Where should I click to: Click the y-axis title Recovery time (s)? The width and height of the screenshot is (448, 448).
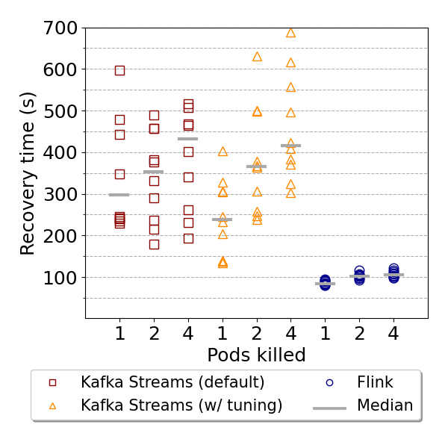28,173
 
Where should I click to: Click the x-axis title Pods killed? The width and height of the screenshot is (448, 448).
256,355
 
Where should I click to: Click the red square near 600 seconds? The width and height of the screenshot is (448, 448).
119,70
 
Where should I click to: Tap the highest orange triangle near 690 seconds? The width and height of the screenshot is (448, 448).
290,33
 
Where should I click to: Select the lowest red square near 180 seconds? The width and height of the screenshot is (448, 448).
154,244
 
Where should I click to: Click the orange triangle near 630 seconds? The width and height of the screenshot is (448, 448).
257,57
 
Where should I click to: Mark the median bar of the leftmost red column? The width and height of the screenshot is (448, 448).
119,195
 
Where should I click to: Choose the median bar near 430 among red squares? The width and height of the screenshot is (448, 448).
188,139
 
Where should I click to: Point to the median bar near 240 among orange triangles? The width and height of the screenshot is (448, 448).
223,220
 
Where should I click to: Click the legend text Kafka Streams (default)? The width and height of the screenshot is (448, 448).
172,382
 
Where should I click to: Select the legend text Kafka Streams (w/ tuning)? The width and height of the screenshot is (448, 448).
181,405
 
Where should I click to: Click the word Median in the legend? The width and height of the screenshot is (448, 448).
385,405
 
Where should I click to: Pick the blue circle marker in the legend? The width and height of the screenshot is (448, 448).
329,382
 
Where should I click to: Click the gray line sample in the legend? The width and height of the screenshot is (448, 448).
329,408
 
